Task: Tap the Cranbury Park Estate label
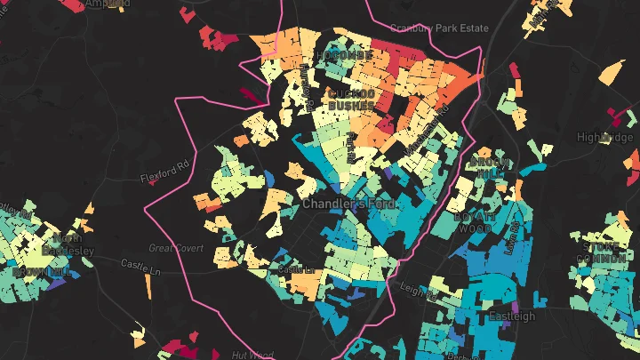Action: (x=439, y=28)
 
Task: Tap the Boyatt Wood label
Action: (x=474, y=222)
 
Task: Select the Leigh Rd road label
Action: (x=415, y=288)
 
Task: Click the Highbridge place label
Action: (x=605, y=137)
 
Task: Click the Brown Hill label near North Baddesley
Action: (x=41, y=270)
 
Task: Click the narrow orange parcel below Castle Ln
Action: (x=148, y=284)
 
